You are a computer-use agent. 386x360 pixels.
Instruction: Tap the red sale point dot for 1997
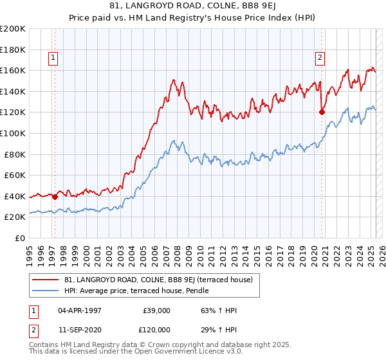[55, 197]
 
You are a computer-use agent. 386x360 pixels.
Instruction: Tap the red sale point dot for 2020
[322, 112]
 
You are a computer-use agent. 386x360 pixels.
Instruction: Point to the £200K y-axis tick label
[13, 29]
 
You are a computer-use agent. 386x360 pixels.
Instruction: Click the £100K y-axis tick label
[13, 134]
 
